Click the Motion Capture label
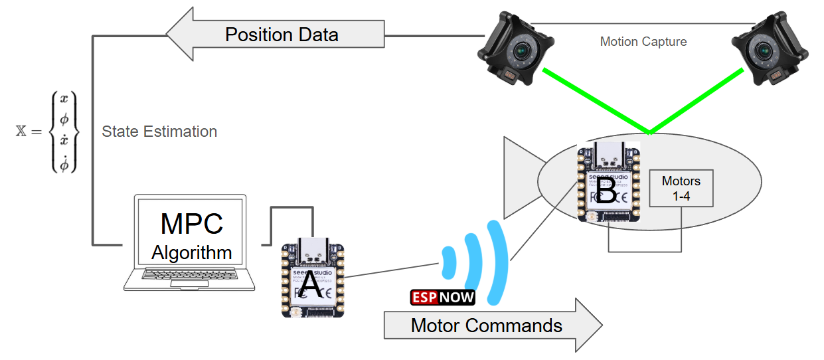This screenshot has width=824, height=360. click(643, 42)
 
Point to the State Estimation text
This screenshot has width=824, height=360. click(159, 132)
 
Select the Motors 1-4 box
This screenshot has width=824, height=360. click(681, 187)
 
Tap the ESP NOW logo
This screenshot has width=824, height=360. click(443, 297)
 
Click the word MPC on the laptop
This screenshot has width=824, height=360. click(192, 225)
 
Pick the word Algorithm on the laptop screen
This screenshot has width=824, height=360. click(192, 252)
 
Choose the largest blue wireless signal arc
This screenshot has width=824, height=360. click(497, 262)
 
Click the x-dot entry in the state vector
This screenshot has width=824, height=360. click(64, 140)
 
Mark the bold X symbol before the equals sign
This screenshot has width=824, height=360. click(21, 131)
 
